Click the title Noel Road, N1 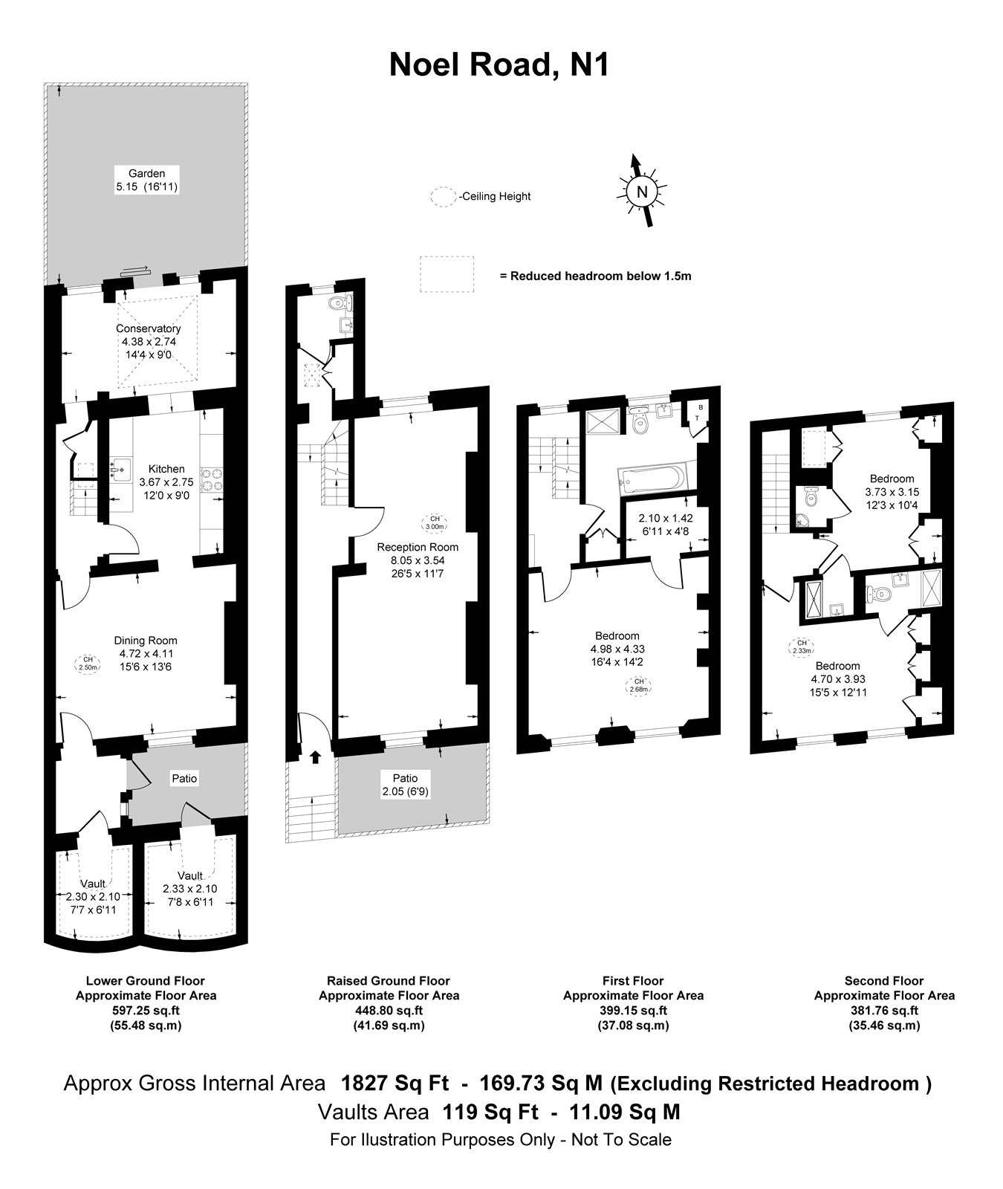point(499,65)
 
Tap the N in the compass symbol point(642,192)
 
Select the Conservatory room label point(148,328)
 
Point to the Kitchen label point(166,469)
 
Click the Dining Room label point(146,641)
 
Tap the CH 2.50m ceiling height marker point(88,663)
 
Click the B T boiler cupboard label point(698,412)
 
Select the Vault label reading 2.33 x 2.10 point(190,889)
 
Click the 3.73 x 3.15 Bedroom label point(892,492)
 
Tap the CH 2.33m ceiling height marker point(801,647)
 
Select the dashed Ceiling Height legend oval point(443,196)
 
